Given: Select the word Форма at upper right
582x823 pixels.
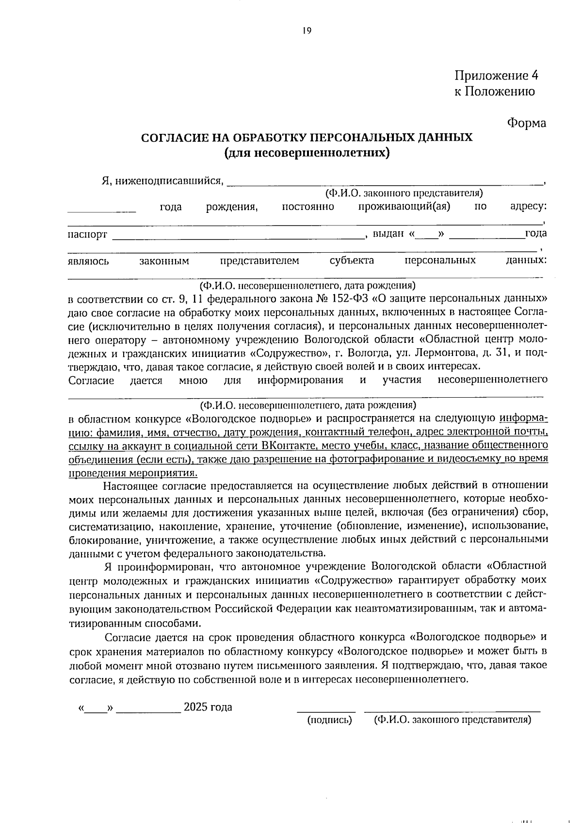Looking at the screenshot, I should pyautogui.click(x=526, y=123).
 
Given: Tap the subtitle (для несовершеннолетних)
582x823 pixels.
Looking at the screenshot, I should pyautogui.click(x=307, y=153).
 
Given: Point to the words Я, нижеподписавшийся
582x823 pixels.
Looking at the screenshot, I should pyautogui.click(x=162, y=181).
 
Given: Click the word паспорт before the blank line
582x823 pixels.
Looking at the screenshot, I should pyautogui.click(x=87, y=235).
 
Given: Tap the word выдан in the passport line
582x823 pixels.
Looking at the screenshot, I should pyautogui.click(x=388, y=234).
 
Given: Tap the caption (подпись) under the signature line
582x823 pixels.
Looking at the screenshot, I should pyautogui.click(x=329, y=720).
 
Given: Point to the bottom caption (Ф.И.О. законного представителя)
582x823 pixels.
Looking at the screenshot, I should pyautogui.click(x=453, y=720).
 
